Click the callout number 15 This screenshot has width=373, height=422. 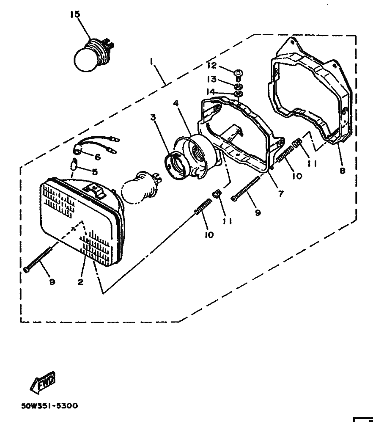(75, 15)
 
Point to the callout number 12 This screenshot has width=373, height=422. (211, 66)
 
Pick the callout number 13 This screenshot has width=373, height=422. (211, 79)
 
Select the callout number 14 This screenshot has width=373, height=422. (211, 92)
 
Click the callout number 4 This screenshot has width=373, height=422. (176, 103)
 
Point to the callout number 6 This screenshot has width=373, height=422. (97, 157)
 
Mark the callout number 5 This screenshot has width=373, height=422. (95, 172)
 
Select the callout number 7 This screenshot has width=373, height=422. (281, 193)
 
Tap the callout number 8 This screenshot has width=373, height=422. (342, 171)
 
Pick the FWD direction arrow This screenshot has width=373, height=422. (41, 383)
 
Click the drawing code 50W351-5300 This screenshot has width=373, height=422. (49, 405)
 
